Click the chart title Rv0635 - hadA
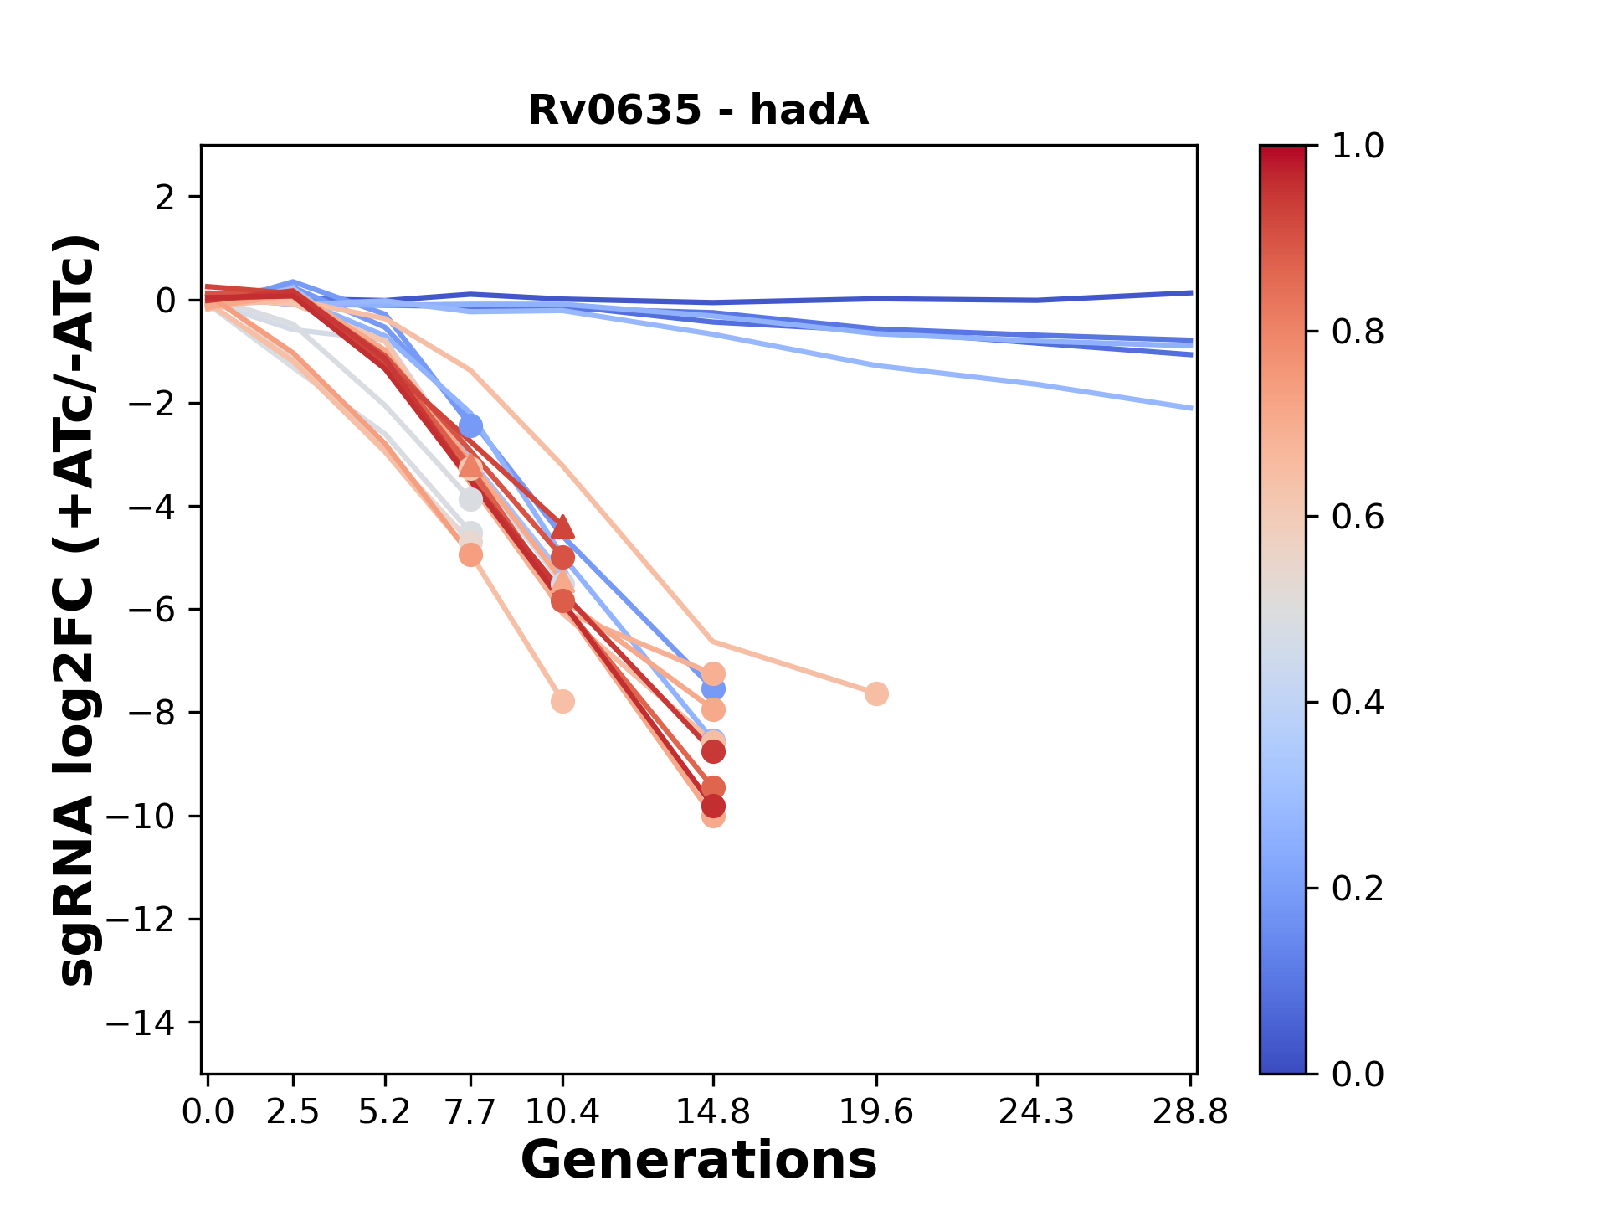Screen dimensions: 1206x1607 point(698,111)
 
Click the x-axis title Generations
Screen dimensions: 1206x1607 point(698,1161)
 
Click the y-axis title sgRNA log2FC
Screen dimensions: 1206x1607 point(77,610)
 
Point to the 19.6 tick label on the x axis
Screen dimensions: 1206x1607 point(876,1111)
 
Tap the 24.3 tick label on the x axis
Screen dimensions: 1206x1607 point(1037,1111)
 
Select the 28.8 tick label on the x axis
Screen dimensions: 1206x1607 point(1191,1111)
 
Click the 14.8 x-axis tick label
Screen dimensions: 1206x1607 point(712,1111)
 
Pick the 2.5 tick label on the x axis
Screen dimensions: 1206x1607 point(293,1111)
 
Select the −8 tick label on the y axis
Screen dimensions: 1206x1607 point(151,713)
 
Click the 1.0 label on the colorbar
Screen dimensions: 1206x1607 point(1358,147)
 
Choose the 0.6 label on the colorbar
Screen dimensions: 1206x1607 point(1358,517)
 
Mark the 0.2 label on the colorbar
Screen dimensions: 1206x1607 point(1358,888)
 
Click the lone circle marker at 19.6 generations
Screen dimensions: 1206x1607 point(876,693)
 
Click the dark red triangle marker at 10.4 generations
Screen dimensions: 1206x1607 point(562,526)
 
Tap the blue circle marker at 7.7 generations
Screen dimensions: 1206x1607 point(470,426)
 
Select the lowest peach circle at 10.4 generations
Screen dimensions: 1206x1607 point(562,701)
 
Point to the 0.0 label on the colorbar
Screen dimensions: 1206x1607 point(1358,1074)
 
